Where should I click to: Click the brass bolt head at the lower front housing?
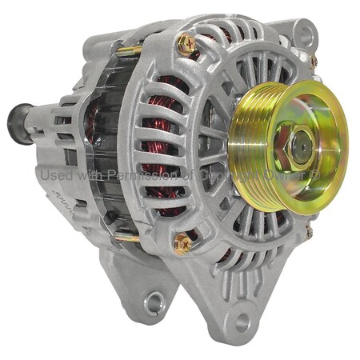[x=182, y=242]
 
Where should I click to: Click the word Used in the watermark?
[x=55, y=174]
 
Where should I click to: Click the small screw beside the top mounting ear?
[x=314, y=61]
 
